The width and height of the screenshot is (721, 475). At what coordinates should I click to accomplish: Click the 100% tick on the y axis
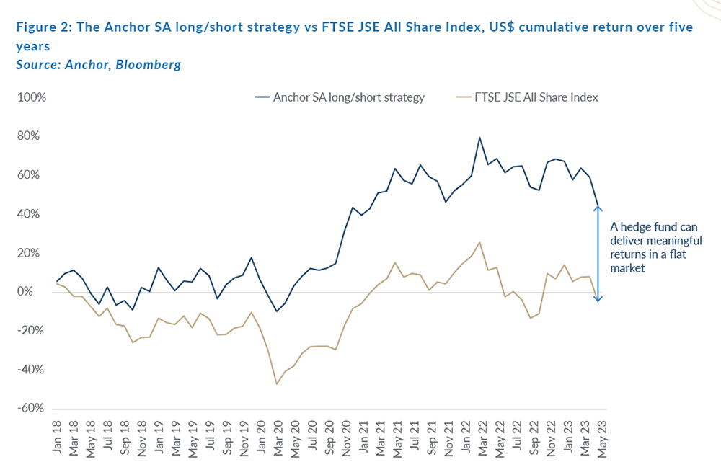[x=32, y=97]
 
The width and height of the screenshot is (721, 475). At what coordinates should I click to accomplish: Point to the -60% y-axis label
[x=32, y=409]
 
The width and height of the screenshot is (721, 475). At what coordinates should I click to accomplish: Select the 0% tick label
[x=37, y=292]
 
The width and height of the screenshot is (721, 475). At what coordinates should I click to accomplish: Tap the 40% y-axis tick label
[x=35, y=214]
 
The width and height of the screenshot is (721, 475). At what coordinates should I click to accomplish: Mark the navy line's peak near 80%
[x=479, y=138]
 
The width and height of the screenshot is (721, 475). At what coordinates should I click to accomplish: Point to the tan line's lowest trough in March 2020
[x=277, y=383]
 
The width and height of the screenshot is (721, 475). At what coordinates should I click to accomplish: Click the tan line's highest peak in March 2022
[x=479, y=242]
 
